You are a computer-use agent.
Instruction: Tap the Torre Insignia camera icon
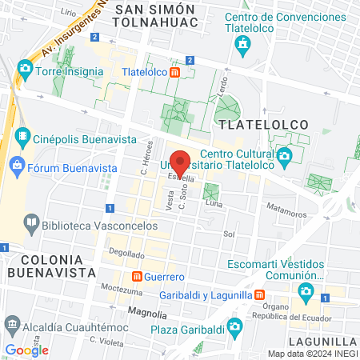click(26, 70)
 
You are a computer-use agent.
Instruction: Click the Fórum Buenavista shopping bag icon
click(17, 166)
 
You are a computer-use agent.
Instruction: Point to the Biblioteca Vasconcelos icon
click(30, 220)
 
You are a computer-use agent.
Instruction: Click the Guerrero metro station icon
click(138, 276)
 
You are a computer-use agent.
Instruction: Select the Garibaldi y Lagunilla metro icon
click(260, 294)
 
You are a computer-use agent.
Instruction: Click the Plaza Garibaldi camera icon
click(234, 326)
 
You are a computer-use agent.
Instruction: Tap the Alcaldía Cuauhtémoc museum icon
click(13, 325)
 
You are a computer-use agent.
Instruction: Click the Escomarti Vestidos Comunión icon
click(305, 290)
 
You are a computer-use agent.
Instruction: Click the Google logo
click(26, 350)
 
